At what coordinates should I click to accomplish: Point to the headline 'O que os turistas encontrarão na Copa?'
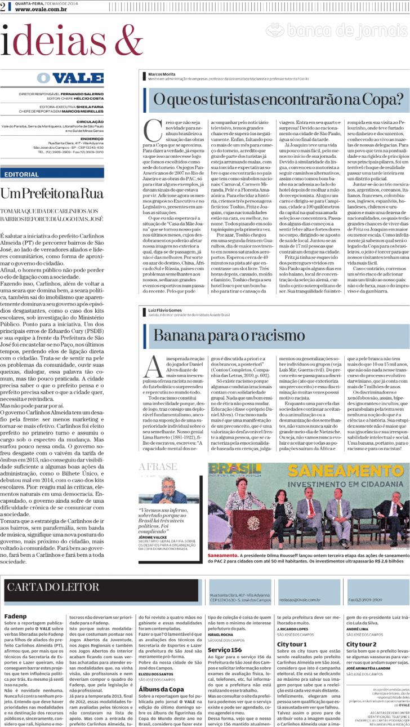tap(278, 100)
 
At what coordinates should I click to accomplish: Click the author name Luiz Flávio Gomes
tap(164, 309)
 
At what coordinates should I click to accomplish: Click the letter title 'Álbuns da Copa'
tap(158, 689)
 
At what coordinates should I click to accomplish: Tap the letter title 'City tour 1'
tap(291, 644)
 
